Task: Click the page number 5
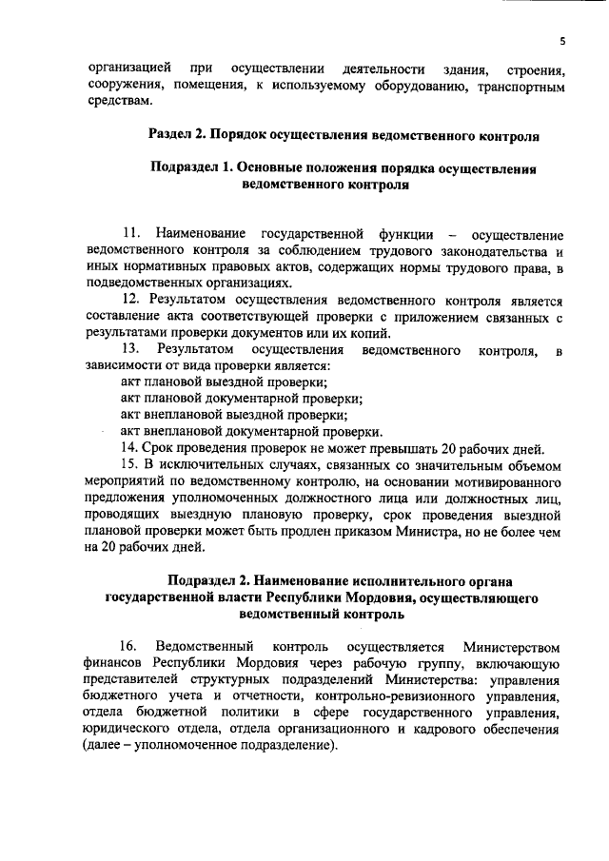pyautogui.click(x=562, y=41)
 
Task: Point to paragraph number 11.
pyautogui.click(x=131, y=234)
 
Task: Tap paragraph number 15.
pyautogui.click(x=128, y=464)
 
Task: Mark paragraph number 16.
pyautogui.click(x=131, y=646)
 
